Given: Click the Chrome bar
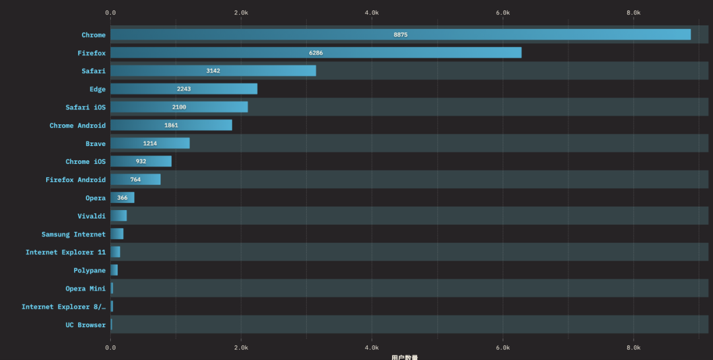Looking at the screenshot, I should pyautogui.click(x=400, y=34).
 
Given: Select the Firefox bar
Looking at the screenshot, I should pyautogui.click(x=316, y=53).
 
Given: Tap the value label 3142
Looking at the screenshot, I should pyautogui.click(x=213, y=71).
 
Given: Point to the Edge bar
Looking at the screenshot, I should pyautogui.click(x=184, y=89).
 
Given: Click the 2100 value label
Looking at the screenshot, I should pyautogui.click(x=179, y=107).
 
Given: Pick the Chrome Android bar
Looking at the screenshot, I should pyautogui.click(x=171, y=125).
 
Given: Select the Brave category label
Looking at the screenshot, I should pyautogui.click(x=95, y=143).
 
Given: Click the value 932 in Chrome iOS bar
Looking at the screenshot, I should pyautogui.click(x=141, y=161).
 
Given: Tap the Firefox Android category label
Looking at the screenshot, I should pyautogui.click(x=75, y=180).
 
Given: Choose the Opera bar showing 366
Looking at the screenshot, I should pyautogui.click(x=122, y=198).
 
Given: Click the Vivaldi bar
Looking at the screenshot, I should pyautogui.click(x=118, y=215).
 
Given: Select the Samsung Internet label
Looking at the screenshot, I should pyautogui.click(x=73, y=234).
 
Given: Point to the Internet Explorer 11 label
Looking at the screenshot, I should pyautogui.click(x=65, y=252).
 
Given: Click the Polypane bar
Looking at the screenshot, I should pyautogui.click(x=114, y=270).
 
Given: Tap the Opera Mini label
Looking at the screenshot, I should pyautogui.click(x=85, y=289).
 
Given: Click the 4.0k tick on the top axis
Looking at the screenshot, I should pyautogui.click(x=372, y=13).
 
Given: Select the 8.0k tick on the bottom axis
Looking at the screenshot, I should pyautogui.click(x=633, y=347).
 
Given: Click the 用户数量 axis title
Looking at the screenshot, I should pyautogui.click(x=404, y=357).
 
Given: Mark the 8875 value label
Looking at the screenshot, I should pyautogui.click(x=400, y=34).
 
